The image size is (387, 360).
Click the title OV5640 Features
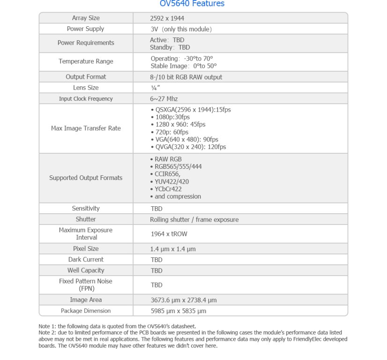[192, 4]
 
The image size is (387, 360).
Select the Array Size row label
[86, 18]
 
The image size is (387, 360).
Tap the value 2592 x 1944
[167, 18]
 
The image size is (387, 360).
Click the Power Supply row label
[86, 29]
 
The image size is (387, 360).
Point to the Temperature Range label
[86, 61]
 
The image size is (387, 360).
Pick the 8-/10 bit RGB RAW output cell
[186, 77]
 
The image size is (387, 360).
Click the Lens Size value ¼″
[154, 88]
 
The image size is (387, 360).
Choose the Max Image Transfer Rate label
[86, 128]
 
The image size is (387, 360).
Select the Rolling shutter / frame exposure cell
[194, 219]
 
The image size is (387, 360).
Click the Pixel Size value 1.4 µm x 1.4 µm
[173, 249]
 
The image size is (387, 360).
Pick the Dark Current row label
[86, 260]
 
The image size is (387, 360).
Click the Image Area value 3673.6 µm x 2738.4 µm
[184, 300]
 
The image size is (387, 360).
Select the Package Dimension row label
[86, 311]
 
